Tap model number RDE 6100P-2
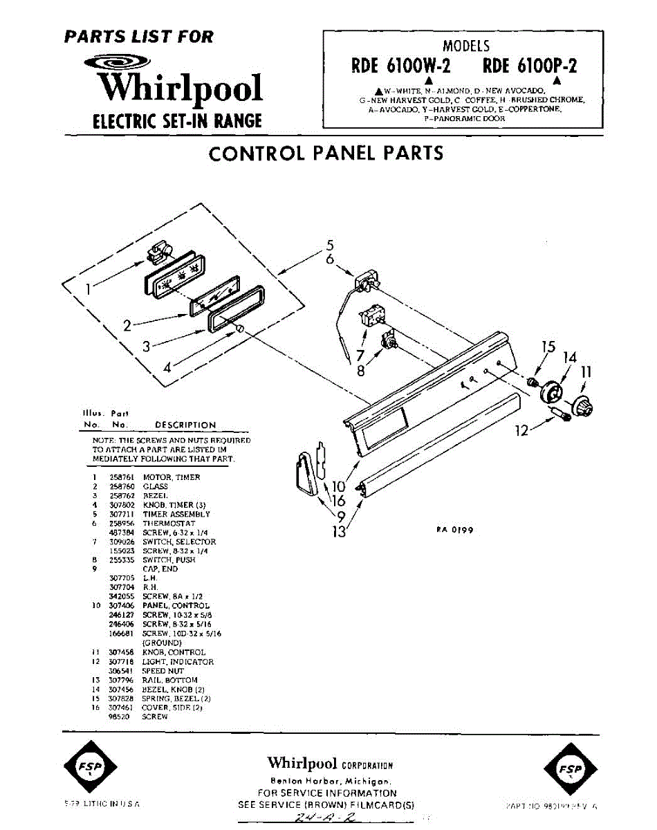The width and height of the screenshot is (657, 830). (x=530, y=66)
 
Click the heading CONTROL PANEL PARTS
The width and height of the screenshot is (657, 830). (x=326, y=153)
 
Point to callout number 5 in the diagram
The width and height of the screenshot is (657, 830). (x=330, y=244)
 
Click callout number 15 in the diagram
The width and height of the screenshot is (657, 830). (x=548, y=347)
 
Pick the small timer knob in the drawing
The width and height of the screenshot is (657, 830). (x=240, y=328)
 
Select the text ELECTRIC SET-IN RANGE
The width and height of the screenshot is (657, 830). (x=177, y=122)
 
